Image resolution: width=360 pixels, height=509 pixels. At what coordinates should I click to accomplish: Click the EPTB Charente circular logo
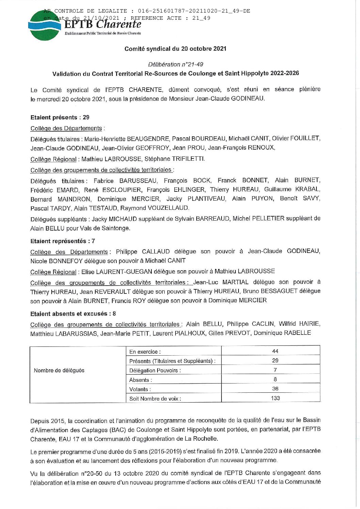[44, 26]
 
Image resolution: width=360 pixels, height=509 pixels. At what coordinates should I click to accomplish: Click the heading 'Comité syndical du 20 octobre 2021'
[175, 49]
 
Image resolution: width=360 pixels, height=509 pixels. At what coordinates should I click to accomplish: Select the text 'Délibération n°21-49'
[176, 64]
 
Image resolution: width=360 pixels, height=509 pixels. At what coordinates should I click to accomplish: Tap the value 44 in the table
[275, 351]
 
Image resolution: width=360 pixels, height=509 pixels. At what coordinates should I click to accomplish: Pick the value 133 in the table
[275, 398]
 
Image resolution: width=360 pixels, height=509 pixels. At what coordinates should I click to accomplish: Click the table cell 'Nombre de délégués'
[59, 370]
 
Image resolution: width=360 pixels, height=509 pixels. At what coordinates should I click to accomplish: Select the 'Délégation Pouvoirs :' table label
[155, 370]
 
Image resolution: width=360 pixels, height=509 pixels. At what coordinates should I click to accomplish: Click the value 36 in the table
[275, 389]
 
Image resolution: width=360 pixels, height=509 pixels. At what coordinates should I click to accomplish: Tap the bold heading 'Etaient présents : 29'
[60, 117]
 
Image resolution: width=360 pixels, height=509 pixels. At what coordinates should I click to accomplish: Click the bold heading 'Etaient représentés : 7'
[63, 241]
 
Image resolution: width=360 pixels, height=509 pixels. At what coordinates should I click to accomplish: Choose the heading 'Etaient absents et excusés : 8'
[73, 313]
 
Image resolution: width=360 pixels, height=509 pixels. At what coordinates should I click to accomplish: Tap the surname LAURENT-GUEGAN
[119, 271]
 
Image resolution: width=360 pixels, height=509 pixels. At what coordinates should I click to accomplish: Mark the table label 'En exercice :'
[145, 352]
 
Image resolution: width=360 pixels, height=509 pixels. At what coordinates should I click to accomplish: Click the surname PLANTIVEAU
[207, 199]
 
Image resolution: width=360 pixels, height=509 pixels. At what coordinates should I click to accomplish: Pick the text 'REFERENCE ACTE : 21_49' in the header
[170, 18]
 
